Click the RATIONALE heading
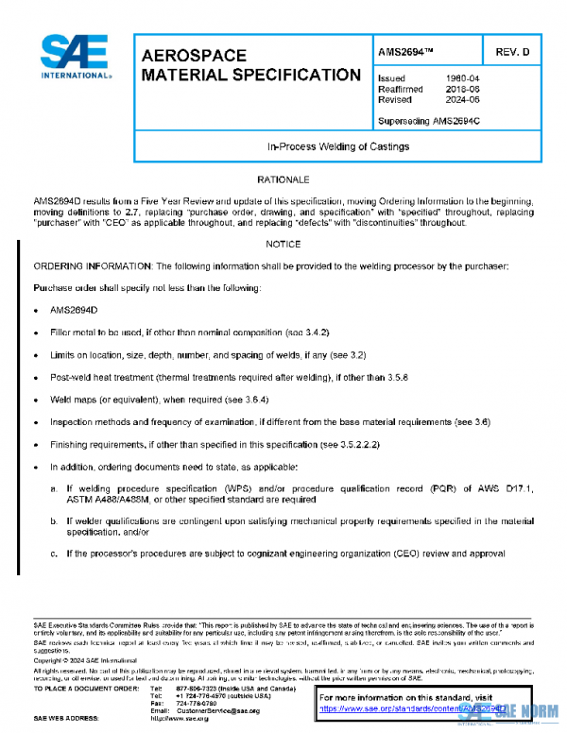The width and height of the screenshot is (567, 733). (x=283, y=179)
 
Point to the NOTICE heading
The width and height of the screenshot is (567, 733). (x=283, y=244)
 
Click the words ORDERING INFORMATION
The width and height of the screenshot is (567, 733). (x=88, y=267)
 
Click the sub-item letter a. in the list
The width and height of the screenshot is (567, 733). (x=54, y=489)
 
